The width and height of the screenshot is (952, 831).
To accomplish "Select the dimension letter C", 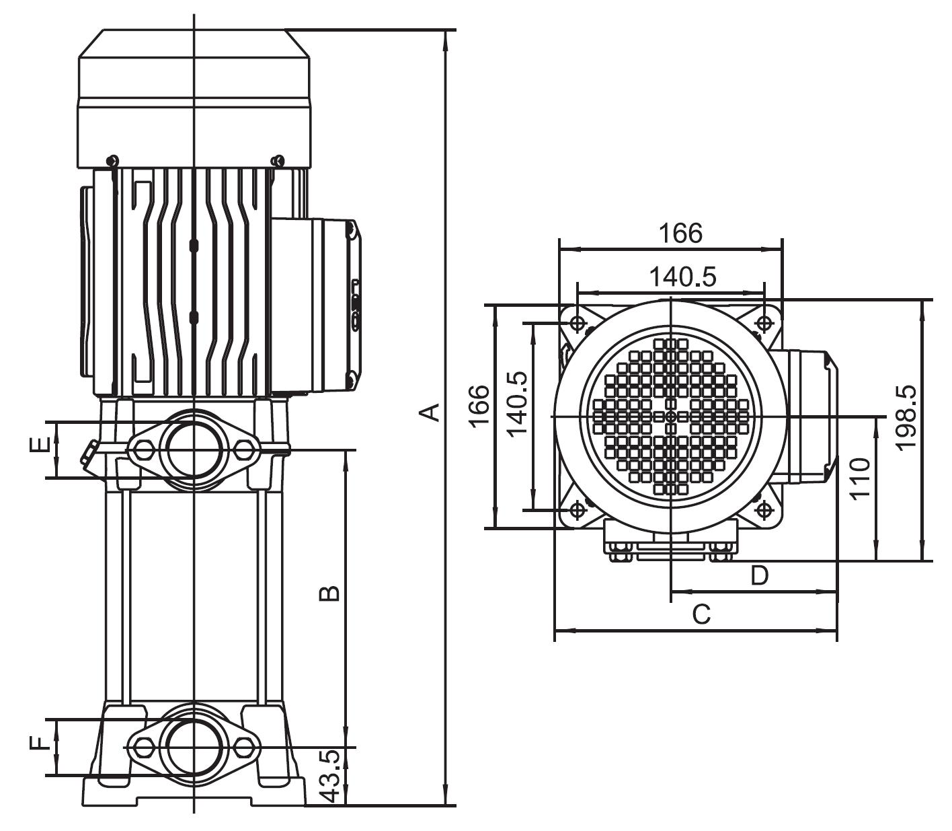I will pyautogui.click(x=701, y=614).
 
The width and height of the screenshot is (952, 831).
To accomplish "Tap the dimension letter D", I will pyautogui.click(x=759, y=575).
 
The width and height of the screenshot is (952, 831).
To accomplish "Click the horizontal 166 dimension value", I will pyautogui.click(x=680, y=233).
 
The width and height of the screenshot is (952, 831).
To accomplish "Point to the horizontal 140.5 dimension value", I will pyautogui.click(x=682, y=277).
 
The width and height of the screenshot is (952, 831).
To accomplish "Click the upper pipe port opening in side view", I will pyautogui.click(x=193, y=449).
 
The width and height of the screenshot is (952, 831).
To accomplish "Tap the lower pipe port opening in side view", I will pyautogui.click(x=193, y=746).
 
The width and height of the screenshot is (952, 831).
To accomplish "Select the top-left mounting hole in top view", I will pyautogui.click(x=577, y=324).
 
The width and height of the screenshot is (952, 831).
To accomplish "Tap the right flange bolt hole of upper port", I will pyautogui.click(x=243, y=449).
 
